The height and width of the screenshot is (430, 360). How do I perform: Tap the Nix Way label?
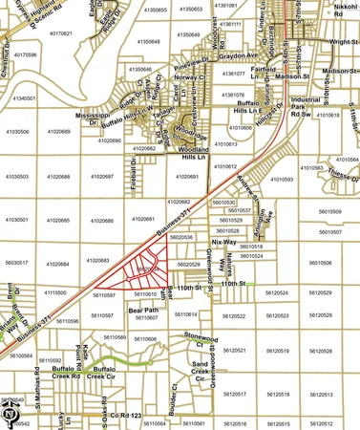pos(223,243)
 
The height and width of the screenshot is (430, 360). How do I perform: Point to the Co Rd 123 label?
pos(124,417)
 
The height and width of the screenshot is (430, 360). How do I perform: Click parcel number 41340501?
pos(19,98)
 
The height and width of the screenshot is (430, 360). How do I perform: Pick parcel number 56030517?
pos(17,262)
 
